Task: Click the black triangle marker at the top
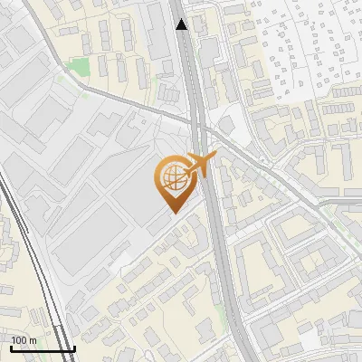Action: [x=183, y=24]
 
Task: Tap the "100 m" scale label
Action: [x=24, y=340]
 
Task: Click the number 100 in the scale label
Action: [x=19, y=340]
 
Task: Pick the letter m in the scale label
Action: [x=33, y=340]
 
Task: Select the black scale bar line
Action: [x=41, y=348]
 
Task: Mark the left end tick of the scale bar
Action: [x=8, y=347]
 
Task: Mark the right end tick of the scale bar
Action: [x=74, y=347]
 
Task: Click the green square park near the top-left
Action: [x=80, y=67]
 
